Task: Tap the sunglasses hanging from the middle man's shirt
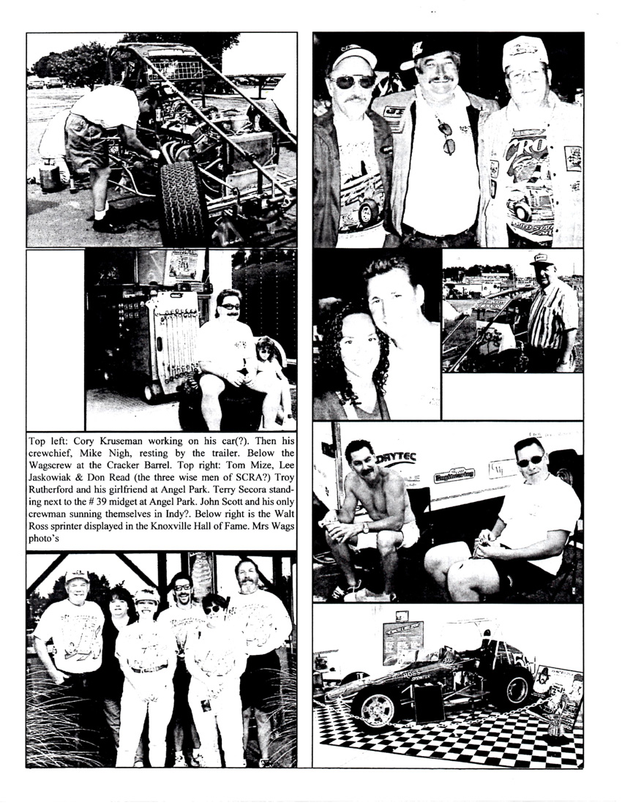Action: click(447, 139)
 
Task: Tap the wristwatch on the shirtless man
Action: click(365, 527)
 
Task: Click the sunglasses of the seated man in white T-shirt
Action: click(530, 460)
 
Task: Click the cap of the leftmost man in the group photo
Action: click(76, 576)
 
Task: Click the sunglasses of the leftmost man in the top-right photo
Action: click(352, 81)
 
